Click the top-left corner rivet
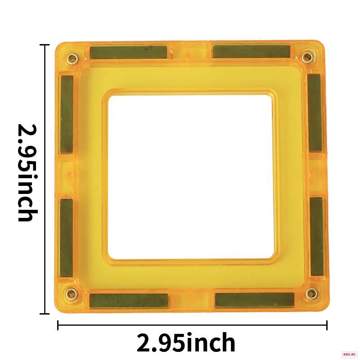(x=73, y=58)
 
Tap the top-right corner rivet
(x=307, y=57)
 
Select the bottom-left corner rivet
(x=71, y=294)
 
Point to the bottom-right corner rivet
(x=312, y=294)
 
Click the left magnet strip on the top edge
(x=128, y=52)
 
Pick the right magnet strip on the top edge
(x=252, y=51)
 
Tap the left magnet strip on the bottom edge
(x=129, y=301)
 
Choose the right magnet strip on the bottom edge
(x=255, y=299)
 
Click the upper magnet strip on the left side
(x=67, y=114)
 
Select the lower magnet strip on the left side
(x=67, y=238)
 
